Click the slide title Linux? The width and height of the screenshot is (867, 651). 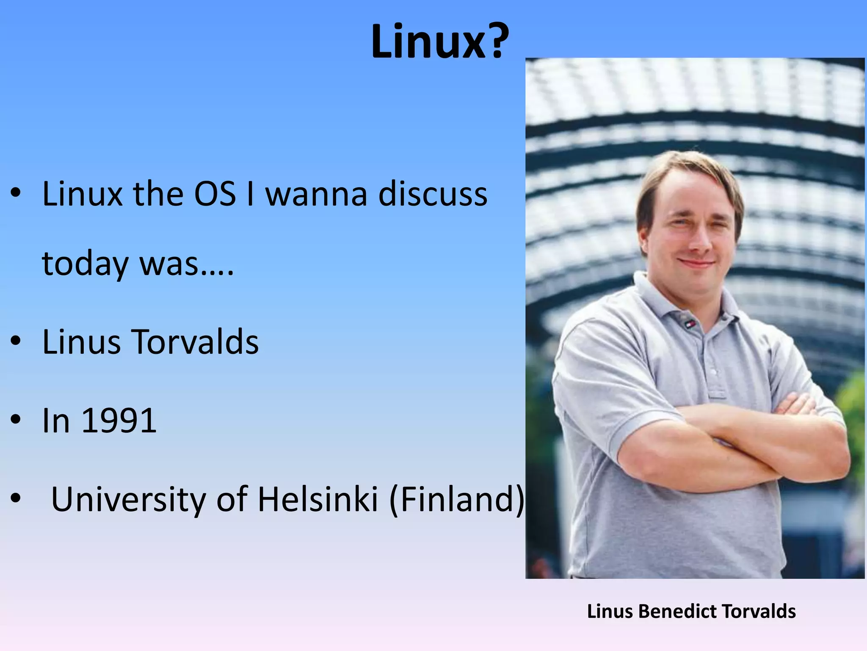(x=440, y=42)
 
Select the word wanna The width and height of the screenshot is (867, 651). (x=316, y=195)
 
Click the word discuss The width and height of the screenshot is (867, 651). (x=432, y=195)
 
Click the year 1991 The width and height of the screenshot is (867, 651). (x=119, y=421)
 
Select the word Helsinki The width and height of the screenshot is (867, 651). (x=318, y=499)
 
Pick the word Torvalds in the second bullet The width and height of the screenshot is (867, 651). (x=195, y=342)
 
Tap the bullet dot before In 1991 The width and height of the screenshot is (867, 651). (x=16, y=420)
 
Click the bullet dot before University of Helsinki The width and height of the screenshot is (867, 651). (x=16, y=499)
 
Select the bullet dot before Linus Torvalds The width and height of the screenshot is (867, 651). (x=16, y=341)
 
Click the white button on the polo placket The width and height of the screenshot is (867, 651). (x=714, y=372)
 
